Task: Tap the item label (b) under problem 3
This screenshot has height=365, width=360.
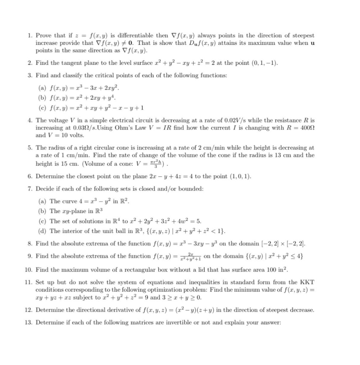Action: (x=42, y=97)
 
